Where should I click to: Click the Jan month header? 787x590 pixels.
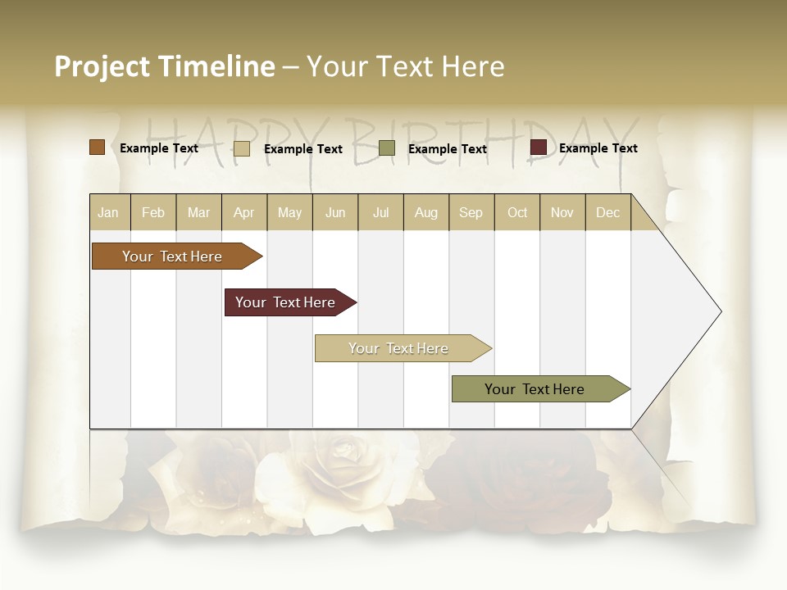tap(109, 212)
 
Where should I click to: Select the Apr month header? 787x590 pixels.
tap(244, 212)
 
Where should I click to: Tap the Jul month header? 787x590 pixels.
tap(380, 212)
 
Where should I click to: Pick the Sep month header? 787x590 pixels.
tap(471, 212)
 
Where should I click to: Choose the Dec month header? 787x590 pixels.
tap(607, 212)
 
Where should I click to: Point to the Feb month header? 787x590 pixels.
tap(153, 212)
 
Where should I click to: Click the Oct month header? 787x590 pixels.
tap(517, 212)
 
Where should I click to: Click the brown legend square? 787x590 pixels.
tap(98, 147)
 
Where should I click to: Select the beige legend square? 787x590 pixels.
tap(241, 148)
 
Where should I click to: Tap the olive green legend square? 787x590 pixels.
tap(387, 148)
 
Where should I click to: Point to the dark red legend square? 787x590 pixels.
tap(538, 147)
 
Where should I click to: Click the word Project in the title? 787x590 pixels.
tap(102, 66)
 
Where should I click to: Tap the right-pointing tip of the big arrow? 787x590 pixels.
tap(719, 311)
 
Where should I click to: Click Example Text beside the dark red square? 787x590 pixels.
tap(598, 148)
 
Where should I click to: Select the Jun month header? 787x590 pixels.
tap(335, 212)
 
